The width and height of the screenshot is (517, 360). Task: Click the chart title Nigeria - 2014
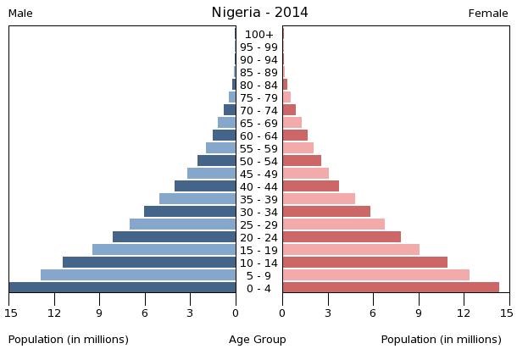click(259, 13)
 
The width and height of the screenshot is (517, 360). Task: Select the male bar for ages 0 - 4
click(123, 287)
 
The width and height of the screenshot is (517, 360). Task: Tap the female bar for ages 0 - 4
click(391, 287)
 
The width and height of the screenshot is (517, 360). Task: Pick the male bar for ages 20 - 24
click(174, 236)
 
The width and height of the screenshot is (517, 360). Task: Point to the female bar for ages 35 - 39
click(319, 198)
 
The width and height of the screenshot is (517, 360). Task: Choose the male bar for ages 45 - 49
click(211, 173)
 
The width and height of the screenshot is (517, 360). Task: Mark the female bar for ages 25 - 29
click(333, 224)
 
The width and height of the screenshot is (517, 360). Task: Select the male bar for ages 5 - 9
click(138, 274)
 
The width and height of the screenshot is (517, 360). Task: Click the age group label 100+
click(259, 34)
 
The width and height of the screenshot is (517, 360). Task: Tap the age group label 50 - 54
click(259, 161)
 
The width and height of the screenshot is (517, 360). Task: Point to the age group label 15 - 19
click(259, 250)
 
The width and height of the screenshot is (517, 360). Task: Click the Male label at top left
click(20, 14)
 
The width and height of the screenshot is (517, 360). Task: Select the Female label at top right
click(488, 14)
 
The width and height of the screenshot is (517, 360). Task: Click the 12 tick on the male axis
click(55, 313)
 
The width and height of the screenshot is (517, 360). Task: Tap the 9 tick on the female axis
click(419, 313)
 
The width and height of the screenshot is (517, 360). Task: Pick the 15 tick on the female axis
click(507, 313)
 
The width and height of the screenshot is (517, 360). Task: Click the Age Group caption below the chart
click(258, 340)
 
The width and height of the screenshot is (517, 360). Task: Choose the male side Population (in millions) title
click(69, 340)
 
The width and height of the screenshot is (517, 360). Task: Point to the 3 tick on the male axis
click(191, 313)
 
